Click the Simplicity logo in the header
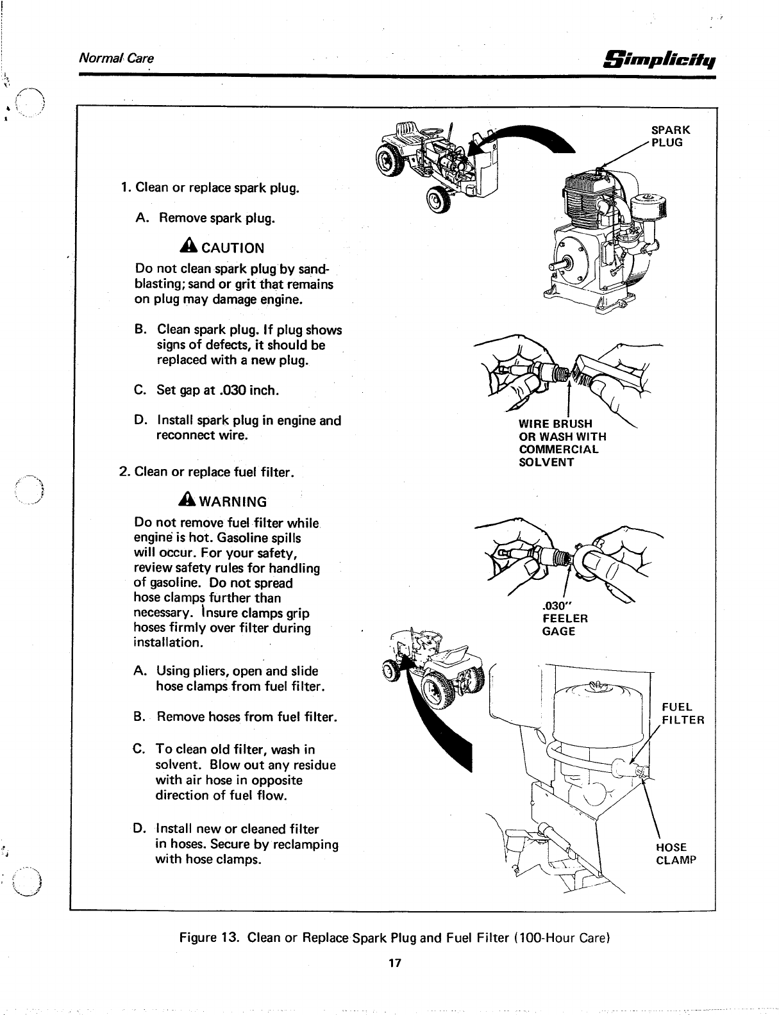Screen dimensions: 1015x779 tap(660, 59)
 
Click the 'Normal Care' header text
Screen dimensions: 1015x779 tap(116, 58)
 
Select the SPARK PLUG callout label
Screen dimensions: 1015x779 tap(670, 135)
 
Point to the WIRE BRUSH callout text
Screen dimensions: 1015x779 tap(555, 423)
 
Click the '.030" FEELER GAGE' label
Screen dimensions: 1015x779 tap(564, 618)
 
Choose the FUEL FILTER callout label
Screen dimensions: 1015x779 tap(682, 713)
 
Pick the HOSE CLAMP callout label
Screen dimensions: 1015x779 tap(675, 854)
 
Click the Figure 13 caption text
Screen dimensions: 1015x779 tap(394, 939)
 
